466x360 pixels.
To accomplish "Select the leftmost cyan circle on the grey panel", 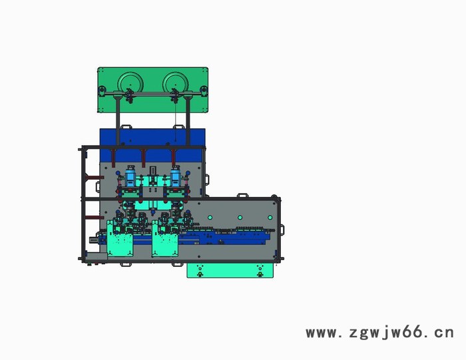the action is click(x=210, y=218).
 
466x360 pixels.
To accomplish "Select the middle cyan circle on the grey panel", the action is click(x=240, y=218).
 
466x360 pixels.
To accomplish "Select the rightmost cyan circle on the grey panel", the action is click(x=270, y=218).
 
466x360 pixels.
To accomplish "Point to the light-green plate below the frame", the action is click(x=230, y=270).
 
